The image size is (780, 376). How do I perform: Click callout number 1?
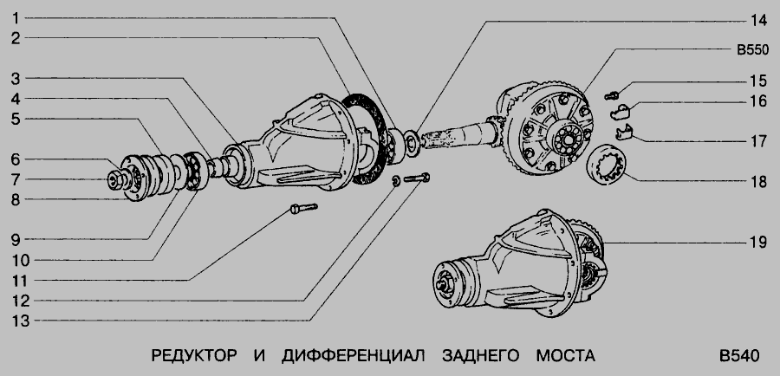pos(16,18)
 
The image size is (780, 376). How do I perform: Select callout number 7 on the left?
pos(16,179)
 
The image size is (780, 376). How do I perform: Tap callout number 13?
pos(21,321)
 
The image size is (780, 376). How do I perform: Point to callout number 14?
pos(758,21)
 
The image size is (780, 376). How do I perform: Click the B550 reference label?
pos(752,50)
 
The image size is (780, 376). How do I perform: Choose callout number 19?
pos(758,243)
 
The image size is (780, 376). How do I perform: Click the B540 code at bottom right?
pos(739,355)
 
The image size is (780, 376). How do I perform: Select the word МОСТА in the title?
pos(565,355)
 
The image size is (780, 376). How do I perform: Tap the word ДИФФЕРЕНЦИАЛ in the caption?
pos(354,355)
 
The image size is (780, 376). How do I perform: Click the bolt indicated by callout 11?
pos(303,209)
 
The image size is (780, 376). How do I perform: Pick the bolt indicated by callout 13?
pos(417,178)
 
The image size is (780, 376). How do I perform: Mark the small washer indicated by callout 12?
pos(396,181)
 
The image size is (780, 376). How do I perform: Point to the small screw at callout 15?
pos(612,95)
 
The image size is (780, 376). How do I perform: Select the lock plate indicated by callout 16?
pos(620,113)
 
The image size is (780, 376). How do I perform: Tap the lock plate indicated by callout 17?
pos(624,133)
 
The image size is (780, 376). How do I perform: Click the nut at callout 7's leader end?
pos(115,179)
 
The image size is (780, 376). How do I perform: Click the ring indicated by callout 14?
pos(412,144)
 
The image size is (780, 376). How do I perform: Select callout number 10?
pos(21,260)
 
